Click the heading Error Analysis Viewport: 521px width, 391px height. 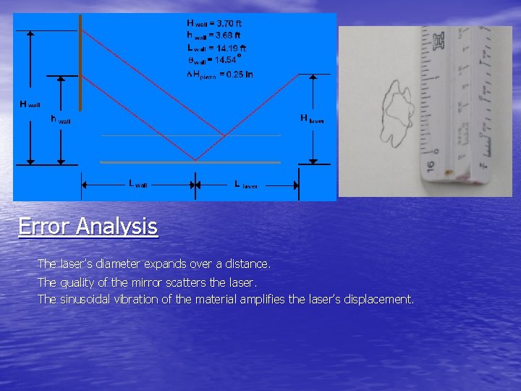(88, 227)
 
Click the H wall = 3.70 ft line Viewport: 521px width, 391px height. (219, 24)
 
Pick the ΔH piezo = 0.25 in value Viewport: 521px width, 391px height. (220, 72)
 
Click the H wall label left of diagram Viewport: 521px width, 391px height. (30, 105)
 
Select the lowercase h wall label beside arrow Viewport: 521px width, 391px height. (61, 119)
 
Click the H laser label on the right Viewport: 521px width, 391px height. (312, 119)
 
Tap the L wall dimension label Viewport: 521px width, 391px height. (137, 184)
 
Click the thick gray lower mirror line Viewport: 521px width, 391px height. (190, 162)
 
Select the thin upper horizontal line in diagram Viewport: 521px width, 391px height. (190, 135)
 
